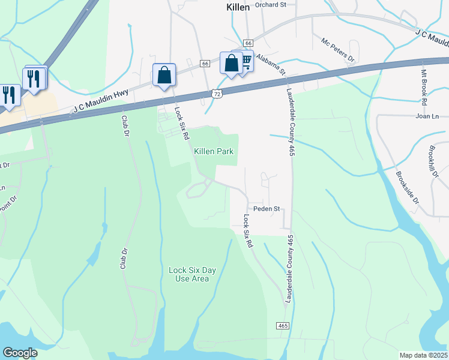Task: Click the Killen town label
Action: (x=238, y=7)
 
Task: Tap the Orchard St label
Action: (x=271, y=5)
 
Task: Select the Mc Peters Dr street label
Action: (x=338, y=50)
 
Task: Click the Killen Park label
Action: (x=213, y=151)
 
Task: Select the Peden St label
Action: (x=267, y=209)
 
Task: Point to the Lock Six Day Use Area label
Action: (x=192, y=274)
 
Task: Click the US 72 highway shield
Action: (x=217, y=94)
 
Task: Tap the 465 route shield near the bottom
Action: (x=283, y=326)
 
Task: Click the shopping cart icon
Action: (x=246, y=63)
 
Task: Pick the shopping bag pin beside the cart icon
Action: (x=231, y=63)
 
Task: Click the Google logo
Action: (x=20, y=353)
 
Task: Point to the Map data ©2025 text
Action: (x=424, y=355)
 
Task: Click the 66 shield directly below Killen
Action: (x=248, y=43)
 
